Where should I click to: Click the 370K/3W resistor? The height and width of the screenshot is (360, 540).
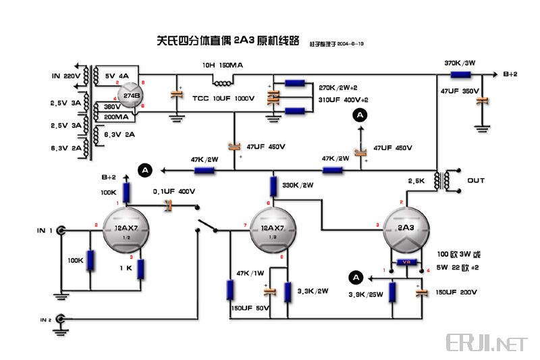click(x=461, y=75)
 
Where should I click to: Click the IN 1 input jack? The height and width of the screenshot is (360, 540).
click(x=62, y=231)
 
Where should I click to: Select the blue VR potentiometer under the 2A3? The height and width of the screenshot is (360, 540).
click(x=406, y=263)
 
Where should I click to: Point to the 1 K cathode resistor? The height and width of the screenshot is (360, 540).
click(x=140, y=269)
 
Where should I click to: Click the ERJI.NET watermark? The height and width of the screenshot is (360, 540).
click(x=485, y=343)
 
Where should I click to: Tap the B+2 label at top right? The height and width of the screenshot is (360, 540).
click(x=510, y=74)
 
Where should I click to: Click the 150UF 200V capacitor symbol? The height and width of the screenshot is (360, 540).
click(x=421, y=292)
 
